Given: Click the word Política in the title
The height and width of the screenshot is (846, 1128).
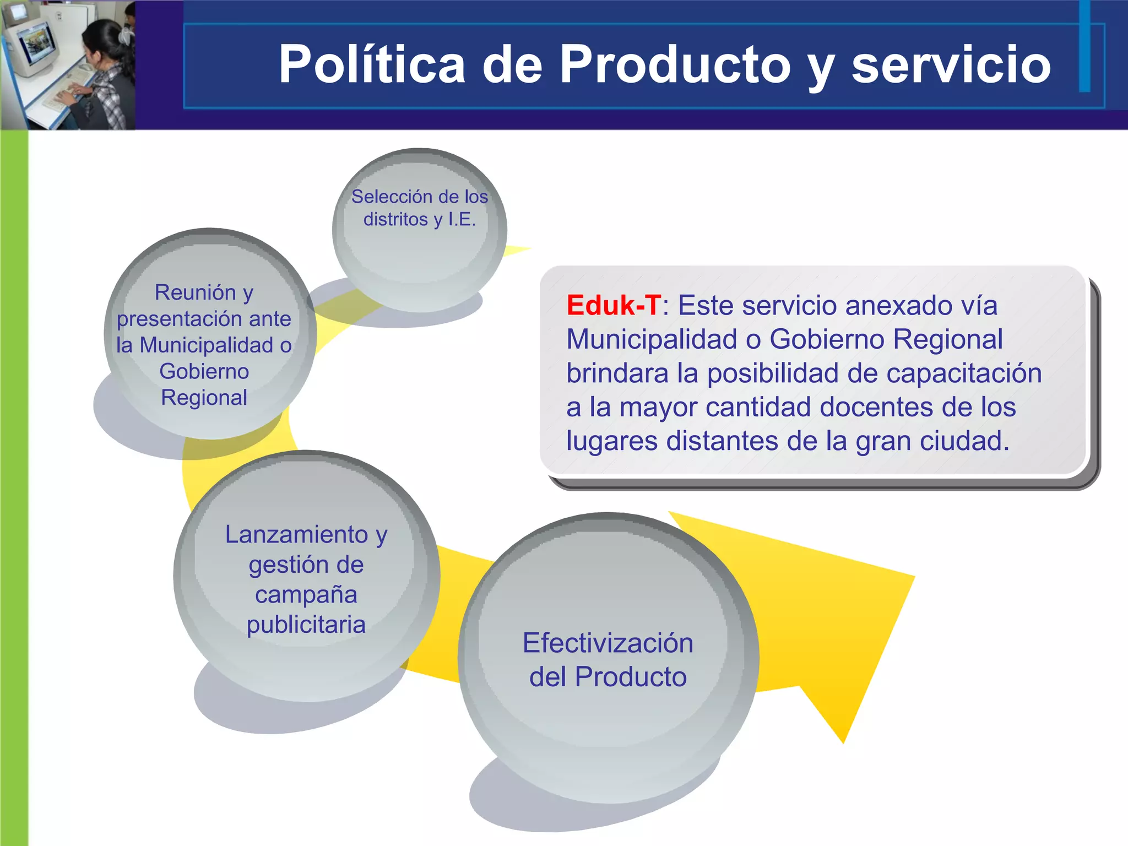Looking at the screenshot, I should coord(372,64).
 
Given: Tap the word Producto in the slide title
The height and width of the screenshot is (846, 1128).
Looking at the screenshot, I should coord(675,64).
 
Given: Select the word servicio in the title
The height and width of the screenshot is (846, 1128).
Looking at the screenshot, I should coord(951,64).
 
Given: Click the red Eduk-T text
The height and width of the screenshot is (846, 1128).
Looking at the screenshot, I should coord(614,305).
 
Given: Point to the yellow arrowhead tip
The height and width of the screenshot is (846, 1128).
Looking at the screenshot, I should coord(843,741).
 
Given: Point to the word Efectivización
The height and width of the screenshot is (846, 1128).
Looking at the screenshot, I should coord(608,643).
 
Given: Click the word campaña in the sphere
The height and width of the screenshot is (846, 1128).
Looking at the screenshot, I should coord(306,595).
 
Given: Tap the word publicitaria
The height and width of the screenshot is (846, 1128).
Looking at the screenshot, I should coord(306,625).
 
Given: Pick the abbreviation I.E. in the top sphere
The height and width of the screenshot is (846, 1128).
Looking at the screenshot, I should coord(462,219).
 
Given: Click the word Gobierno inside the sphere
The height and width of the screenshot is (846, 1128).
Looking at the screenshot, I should coord(204,371).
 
